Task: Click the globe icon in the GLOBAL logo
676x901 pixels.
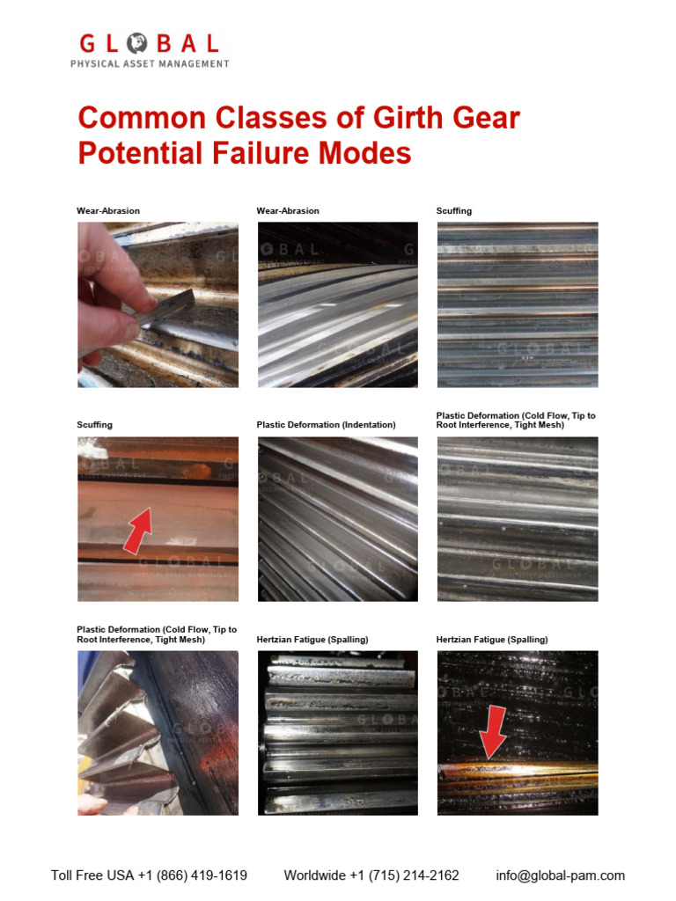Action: [x=136, y=43]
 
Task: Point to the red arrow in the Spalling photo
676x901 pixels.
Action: [x=493, y=732]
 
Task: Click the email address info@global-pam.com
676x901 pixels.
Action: [x=561, y=875]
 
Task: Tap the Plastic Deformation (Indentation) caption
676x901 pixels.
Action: [x=326, y=425]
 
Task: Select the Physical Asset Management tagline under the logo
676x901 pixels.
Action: [x=150, y=63]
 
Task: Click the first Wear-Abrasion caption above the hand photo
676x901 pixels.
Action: [x=108, y=211]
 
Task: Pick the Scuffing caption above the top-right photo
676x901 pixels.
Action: [x=454, y=211]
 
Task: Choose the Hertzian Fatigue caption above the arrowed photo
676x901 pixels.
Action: [x=492, y=640]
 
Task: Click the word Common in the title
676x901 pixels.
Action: [x=142, y=118]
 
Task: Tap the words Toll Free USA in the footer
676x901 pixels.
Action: [x=92, y=875]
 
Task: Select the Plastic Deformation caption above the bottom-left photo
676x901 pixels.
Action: [x=157, y=634]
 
